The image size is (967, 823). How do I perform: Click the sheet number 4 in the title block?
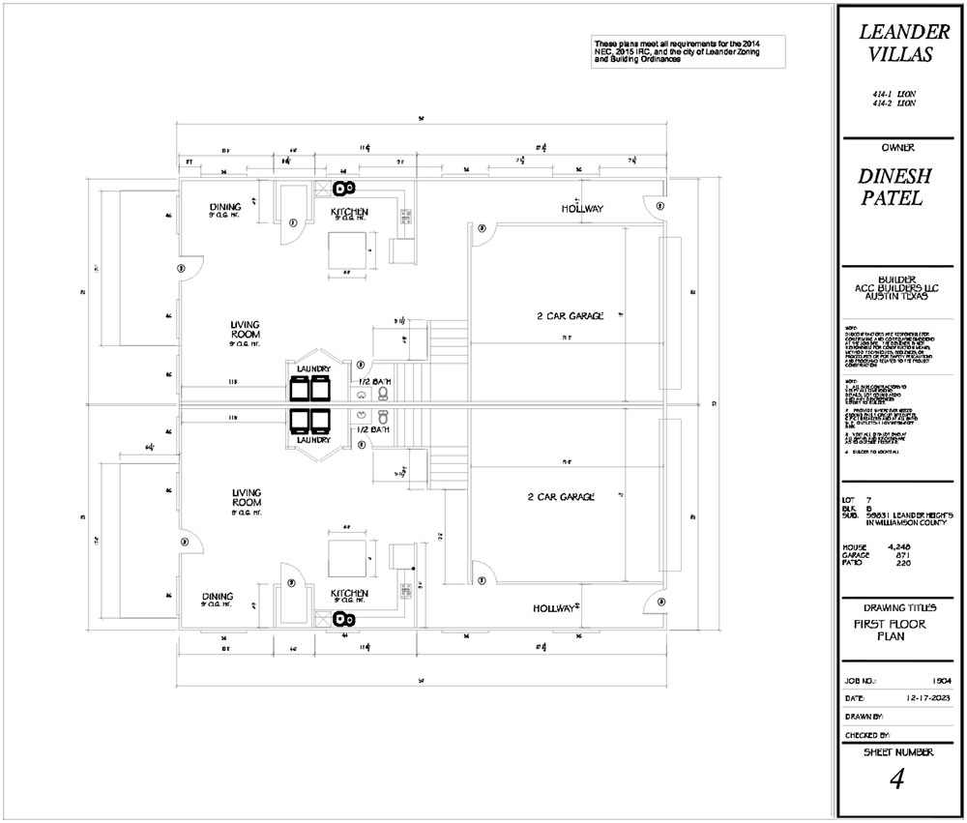point(895,779)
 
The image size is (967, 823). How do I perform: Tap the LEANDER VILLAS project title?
point(896,44)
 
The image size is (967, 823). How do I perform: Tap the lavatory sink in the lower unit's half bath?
point(360,417)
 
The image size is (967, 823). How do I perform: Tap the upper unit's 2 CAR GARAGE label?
point(571,315)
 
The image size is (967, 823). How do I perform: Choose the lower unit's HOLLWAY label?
point(555,608)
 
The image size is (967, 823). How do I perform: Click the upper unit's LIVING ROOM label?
point(245,329)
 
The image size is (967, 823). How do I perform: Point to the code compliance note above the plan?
point(687,50)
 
